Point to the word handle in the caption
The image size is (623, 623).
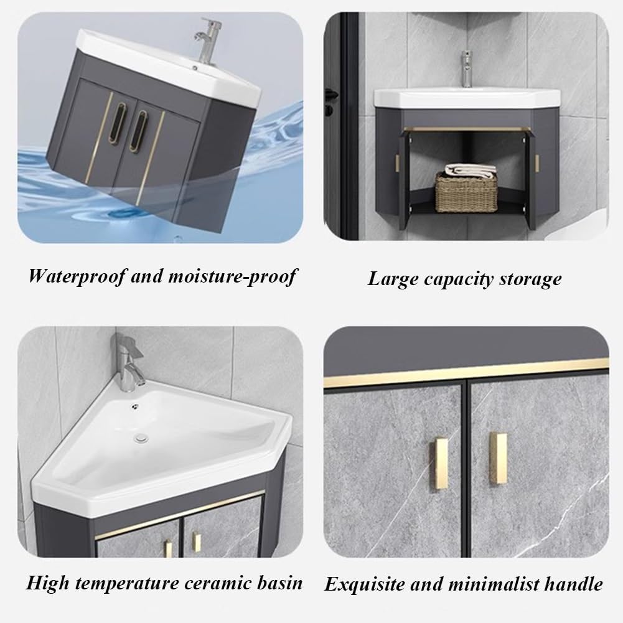(x=572, y=584)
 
